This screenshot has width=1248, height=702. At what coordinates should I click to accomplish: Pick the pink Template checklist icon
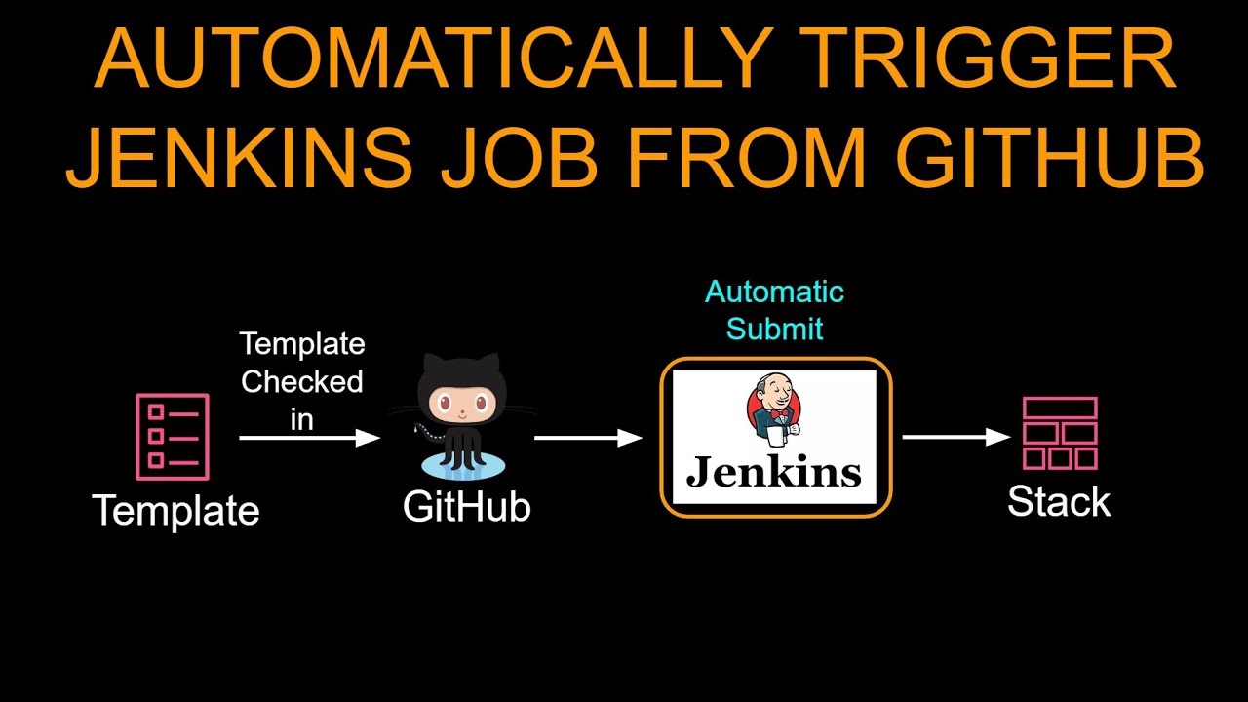click(x=173, y=436)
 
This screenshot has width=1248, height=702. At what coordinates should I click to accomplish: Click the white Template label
click(x=175, y=511)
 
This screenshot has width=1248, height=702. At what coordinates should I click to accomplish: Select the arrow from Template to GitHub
click(x=309, y=438)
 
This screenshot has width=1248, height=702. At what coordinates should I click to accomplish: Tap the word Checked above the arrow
click(x=302, y=381)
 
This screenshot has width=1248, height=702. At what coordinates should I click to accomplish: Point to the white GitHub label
click(x=466, y=507)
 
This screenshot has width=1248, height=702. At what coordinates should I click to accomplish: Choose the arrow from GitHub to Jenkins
click(x=588, y=438)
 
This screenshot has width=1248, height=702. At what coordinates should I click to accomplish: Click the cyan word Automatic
click(x=774, y=292)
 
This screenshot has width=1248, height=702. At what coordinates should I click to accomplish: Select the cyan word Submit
click(x=774, y=329)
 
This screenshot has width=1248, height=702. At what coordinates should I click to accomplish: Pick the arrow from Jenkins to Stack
click(x=956, y=437)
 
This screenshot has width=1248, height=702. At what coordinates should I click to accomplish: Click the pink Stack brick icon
click(x=1060, y=434)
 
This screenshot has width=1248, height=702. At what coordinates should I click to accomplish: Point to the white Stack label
click(x=1059, y=502)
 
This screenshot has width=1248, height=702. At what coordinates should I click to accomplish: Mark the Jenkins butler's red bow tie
click(x=777, y=413)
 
